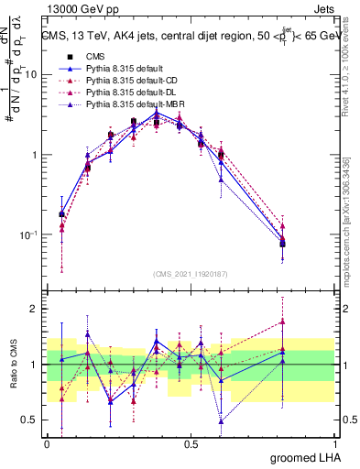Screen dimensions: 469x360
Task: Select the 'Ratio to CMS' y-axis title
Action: pos(13,365)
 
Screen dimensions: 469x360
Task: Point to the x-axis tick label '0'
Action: pos(47,442)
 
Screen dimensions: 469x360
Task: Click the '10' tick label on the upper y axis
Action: pos(30,75)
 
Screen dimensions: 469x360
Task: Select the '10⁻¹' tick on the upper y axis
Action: pos(28,234)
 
